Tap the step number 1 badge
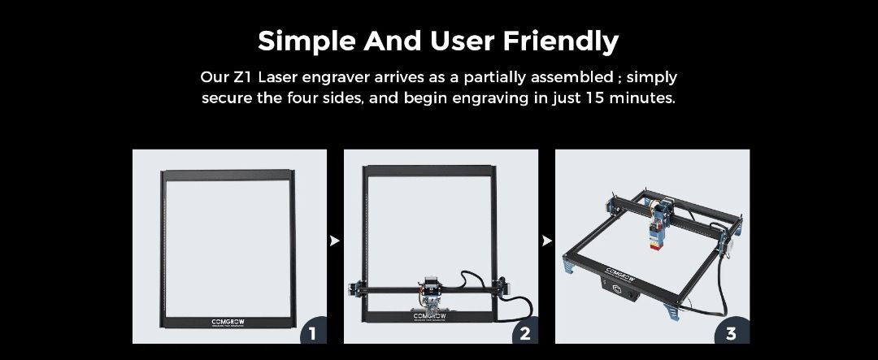click(x=311, y=333)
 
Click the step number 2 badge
click(x=524, y=333)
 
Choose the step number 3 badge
click(x=731, y=333)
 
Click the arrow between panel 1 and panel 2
click(x=335, y=241)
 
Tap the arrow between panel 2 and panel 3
click(x=546, y=241)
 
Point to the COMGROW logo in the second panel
click(x=428, y=315)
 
